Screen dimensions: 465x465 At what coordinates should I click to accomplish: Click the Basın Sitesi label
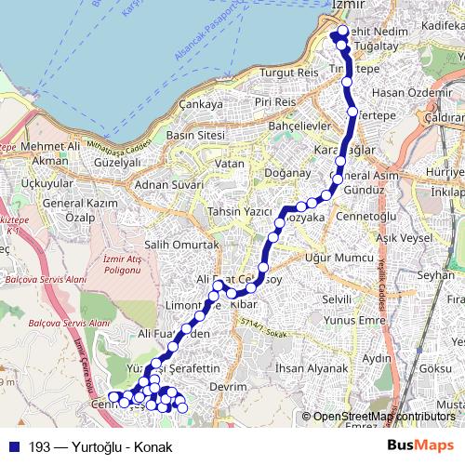(x=195, y=135)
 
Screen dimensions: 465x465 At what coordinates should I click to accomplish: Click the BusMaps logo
(x=421, y=446)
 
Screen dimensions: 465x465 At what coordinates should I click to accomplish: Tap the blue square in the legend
(x=14, y=446)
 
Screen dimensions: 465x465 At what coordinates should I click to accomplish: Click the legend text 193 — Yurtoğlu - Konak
(x=100, y=446)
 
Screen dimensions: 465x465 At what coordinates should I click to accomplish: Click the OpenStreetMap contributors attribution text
(x=384, y=417)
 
